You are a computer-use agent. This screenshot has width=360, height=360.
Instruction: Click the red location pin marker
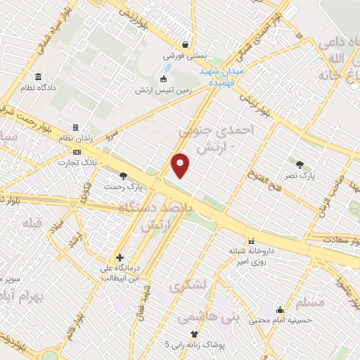(181, 165)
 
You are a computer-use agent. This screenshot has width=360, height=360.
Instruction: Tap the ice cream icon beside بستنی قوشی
(185, 44)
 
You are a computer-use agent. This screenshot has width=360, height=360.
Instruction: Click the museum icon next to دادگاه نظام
(37, 77)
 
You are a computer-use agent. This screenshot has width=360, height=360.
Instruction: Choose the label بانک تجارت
(98, 162)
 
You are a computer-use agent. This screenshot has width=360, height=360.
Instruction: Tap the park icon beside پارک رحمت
(124, 176)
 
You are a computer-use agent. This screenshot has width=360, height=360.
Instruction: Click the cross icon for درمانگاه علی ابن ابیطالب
(120, 257)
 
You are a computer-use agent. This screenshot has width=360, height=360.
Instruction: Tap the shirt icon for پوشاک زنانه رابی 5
(194, 333)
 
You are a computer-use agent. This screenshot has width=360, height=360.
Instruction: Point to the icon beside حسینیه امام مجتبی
(281, 309)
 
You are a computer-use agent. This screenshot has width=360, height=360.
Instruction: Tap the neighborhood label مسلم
(311, 302)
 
